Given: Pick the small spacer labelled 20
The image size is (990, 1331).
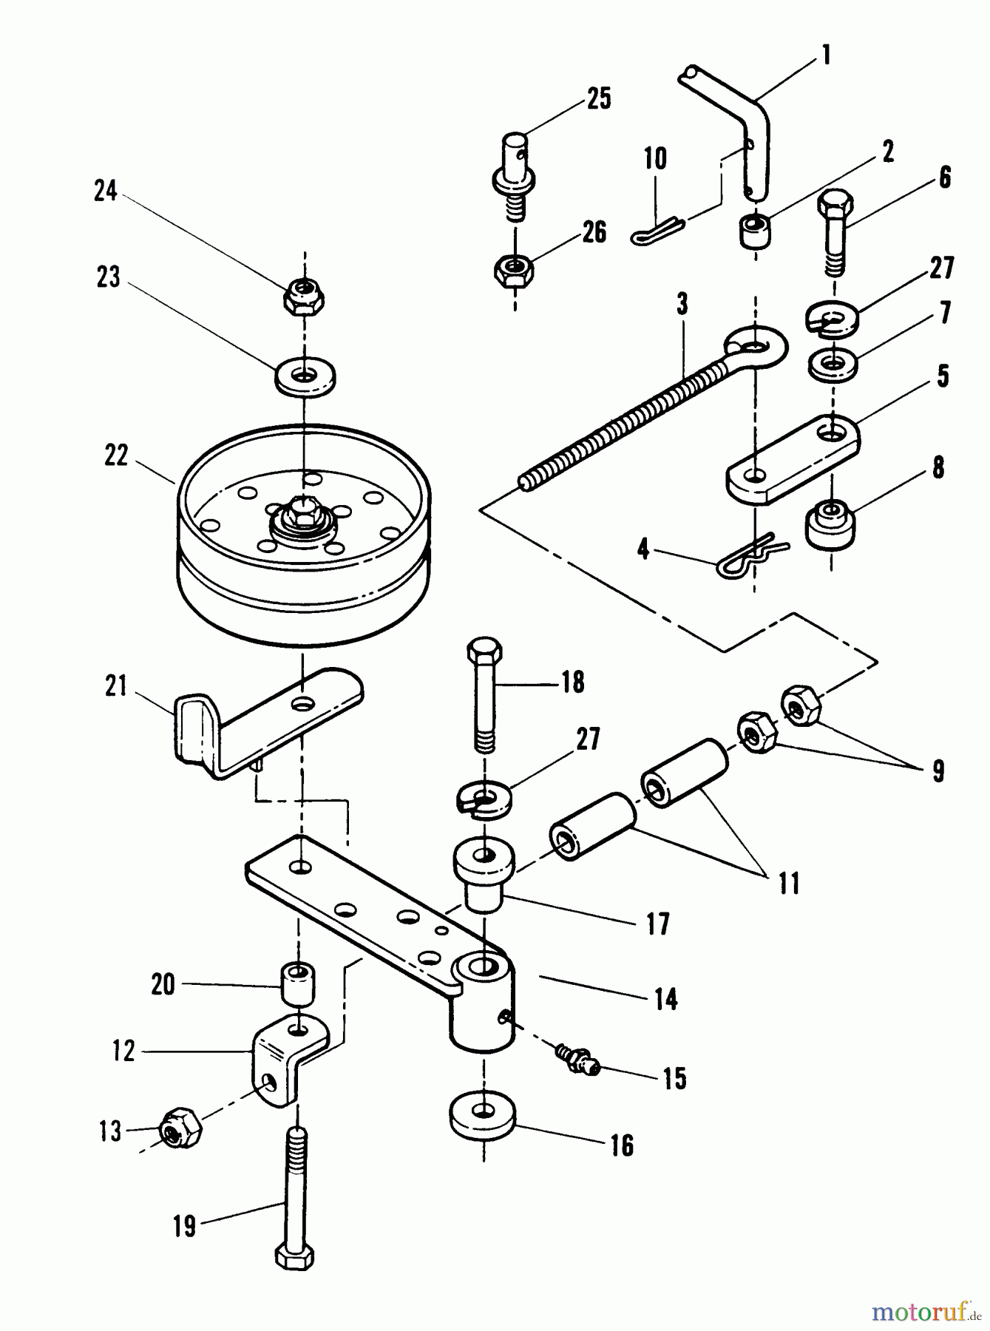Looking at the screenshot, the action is (x=296, y=986).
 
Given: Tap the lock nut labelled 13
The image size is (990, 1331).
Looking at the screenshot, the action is (x=180, y=1128).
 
